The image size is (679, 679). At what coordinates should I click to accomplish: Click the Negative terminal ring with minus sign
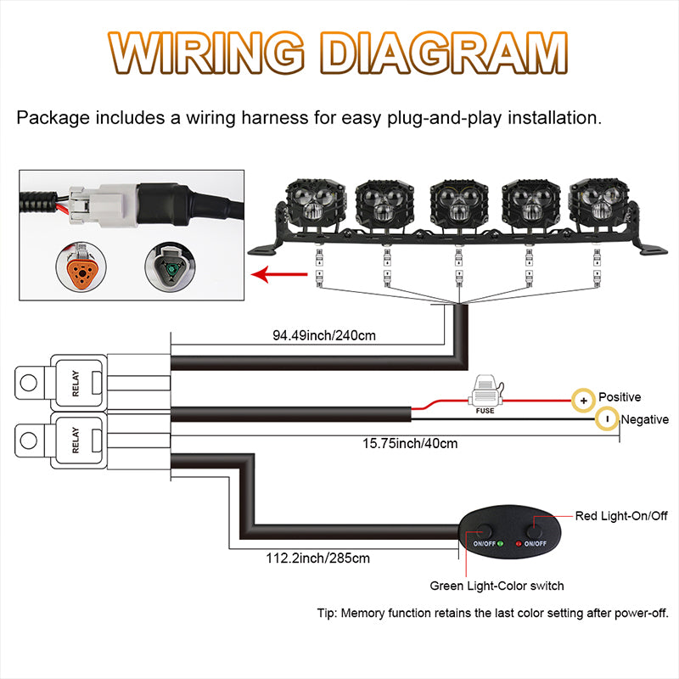[x=606, y=419]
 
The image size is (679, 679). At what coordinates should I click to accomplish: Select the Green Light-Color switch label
[x=497, y=586]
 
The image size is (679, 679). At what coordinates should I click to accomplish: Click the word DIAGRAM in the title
[x=447, y=55]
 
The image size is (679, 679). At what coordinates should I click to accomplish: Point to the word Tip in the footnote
[x=328, y=613]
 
